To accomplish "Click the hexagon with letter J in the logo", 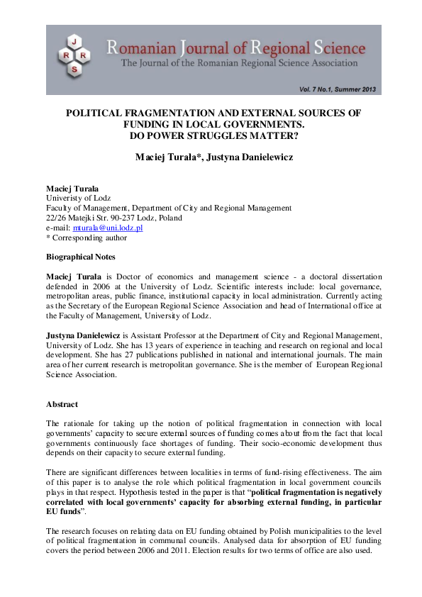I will [x=74, y=40].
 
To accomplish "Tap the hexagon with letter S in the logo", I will [x=74, y=69].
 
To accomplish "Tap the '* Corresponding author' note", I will [x=87, y=238].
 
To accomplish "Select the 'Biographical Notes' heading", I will [x=81, y=257].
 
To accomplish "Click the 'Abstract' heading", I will [x=62, y=403].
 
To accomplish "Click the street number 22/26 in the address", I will [x=56, y=218].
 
